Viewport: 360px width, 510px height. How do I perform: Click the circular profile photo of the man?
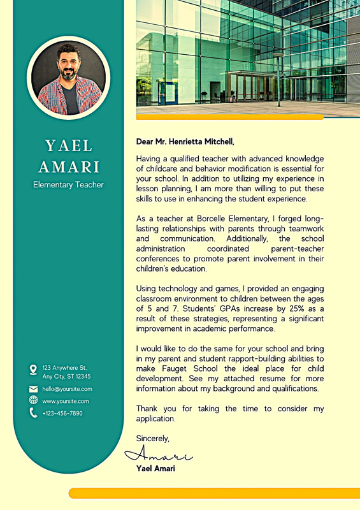pyautogui.click(x=68, y=78)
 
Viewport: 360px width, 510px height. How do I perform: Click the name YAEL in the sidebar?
pyautogui.click(x=69, y=146)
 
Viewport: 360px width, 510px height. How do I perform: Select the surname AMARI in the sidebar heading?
pyautogui.click(x=69, y=167)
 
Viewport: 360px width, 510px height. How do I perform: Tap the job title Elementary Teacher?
pyautogui.click(x=68, y=185)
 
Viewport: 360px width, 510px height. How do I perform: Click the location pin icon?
pyautogui.click(x=33, y=370)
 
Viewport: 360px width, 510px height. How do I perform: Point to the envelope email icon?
pyautogui.click(x=33, y=389)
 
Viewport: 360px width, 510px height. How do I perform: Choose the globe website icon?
pyautogui.click(x=33, y=400)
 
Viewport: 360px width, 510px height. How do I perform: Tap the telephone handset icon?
pyautogui.click(x=33, y=413)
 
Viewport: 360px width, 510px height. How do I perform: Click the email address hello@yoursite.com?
pyautogui.click(x=67, y=389)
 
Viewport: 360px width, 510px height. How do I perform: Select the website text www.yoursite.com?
pyautogui.click(x=66, y=401)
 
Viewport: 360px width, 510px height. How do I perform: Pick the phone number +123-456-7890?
pyautogui.click(x=62, y=413)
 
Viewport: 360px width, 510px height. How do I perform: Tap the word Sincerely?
pyautogui.click(x=153, y=438)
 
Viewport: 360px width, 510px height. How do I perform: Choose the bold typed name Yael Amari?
pyautogui.click(x=155, y=469)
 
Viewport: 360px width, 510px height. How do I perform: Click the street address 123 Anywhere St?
pyautogui.click(x=64, y=368)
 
